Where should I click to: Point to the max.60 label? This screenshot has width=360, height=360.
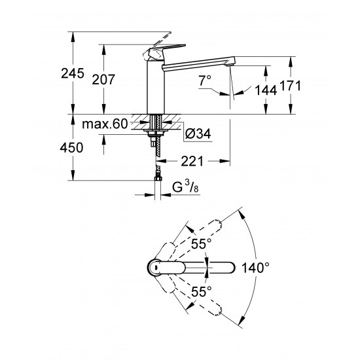104,122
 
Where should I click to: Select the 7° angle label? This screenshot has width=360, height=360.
205,80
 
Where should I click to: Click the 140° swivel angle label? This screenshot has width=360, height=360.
255,267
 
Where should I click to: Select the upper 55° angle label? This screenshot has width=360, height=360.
201,243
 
